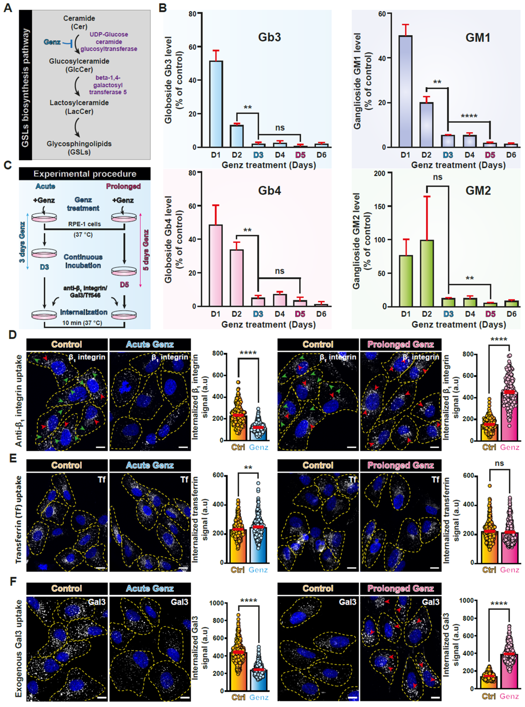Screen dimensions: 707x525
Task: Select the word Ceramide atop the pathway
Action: coord(79,18)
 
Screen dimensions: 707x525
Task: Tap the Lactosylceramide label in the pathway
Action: coord(79,103)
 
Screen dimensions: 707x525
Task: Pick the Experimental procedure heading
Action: coord(85,174)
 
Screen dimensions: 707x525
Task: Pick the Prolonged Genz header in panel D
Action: coord(400,344)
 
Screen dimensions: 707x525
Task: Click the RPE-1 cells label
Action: coord(84,224)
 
